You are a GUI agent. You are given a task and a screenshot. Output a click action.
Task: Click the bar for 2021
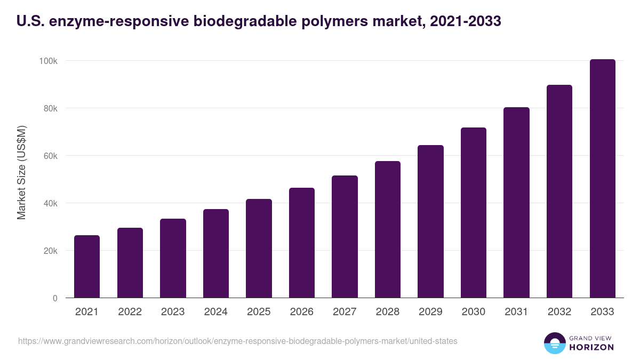(x=87, y=266)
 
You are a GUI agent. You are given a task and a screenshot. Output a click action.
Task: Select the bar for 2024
(x=216, y=253)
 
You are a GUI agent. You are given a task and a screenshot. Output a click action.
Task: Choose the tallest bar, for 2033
(x=602, y=178)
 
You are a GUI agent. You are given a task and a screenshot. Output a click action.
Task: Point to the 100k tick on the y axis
(x=48, y=61)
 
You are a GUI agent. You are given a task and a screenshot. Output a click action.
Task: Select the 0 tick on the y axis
(x=54, y=298)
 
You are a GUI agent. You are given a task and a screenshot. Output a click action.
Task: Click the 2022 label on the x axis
(x=130, y=312)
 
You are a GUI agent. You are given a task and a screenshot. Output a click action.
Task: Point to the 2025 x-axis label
(x=259, y=312)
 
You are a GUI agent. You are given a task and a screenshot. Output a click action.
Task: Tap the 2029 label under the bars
(x=430, y=312)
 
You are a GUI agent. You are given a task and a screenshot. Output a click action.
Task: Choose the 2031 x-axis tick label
(x=516, y=312)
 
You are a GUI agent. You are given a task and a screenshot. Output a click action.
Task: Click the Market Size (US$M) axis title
(x=21, y=173)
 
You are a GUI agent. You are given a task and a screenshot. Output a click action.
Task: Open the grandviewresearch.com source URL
(x=237, y=341)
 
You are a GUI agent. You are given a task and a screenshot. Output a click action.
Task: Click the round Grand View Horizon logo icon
(x=555, y=343)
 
